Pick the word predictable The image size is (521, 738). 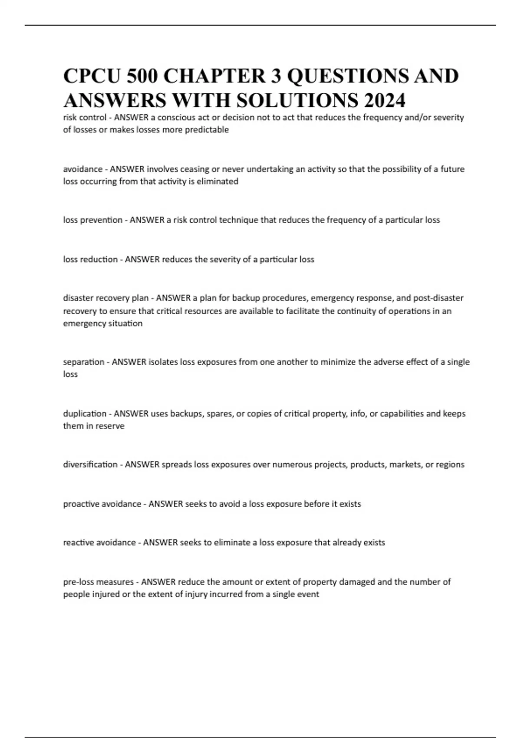pos(207,129)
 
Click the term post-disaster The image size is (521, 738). pos(438,298)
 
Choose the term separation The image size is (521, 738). pos(84,362)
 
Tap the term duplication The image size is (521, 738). pos(85,413)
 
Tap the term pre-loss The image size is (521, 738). pos(79,582)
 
